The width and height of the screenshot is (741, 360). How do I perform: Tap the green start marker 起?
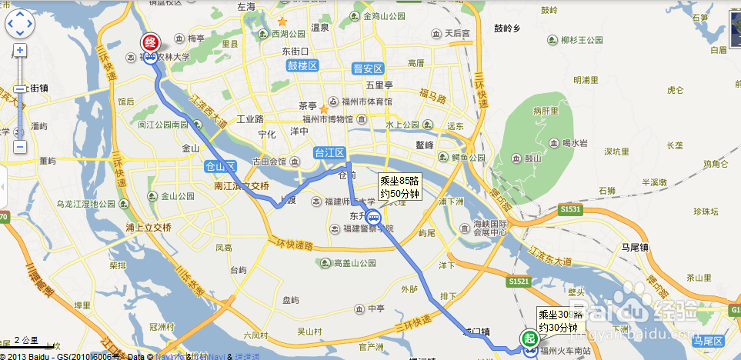tap(529, 338)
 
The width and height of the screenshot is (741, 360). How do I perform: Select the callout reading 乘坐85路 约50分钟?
tap(400, 187)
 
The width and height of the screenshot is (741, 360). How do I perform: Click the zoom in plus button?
tap(20, 50)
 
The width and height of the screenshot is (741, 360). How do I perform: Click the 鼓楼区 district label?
tap(302, 66)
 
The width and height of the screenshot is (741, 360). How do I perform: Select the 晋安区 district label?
tap(367, 68)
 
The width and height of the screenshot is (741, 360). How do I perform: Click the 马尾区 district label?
tap(708, 340)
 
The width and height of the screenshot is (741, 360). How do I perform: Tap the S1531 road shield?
tap(570, 208)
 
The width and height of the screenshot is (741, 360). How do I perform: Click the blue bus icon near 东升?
tap(372, 218)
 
